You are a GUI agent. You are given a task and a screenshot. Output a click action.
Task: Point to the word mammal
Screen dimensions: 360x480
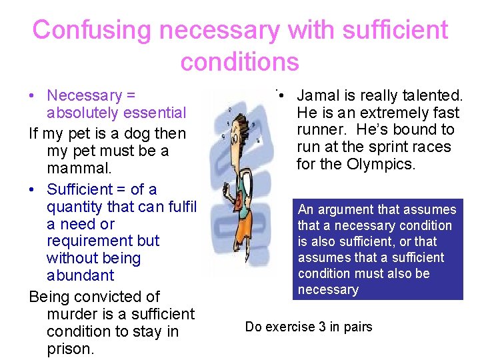(73, 168)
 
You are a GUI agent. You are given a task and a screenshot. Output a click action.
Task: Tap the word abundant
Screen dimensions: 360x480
(80, 275)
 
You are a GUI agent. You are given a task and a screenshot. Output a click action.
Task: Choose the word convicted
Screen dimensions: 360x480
(108, 297)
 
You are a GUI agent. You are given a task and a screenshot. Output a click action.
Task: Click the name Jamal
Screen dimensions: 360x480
(319, 96)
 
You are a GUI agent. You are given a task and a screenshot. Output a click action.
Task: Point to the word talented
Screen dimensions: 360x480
(429, 96)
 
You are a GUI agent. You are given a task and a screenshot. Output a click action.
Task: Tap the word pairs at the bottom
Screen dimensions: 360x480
(357, 327)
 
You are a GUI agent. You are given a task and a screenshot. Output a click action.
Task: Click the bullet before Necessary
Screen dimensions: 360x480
(33, 96)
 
